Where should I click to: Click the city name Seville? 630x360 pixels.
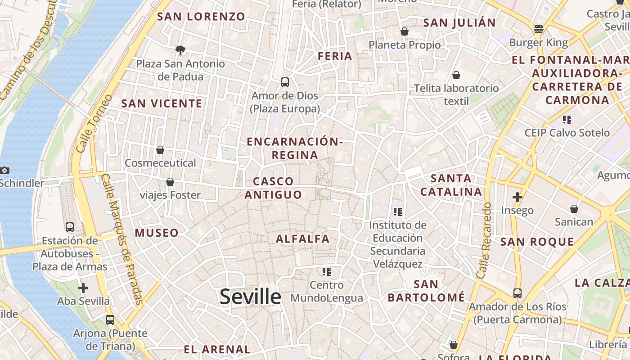[250, 297]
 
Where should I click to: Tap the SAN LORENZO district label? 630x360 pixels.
[201, 17]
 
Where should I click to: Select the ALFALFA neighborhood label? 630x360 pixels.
[303, 239]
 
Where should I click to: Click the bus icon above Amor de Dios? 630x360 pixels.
[285, 82]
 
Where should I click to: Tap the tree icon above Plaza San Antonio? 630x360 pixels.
[180, 50]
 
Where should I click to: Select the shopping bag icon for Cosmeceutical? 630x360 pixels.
[160, 150]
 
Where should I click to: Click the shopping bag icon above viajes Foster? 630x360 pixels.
[170, 182]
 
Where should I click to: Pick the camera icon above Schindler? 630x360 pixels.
[4, 170]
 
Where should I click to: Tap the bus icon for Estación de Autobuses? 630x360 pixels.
[70, 227]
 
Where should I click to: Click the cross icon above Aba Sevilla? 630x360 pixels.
[83, 288]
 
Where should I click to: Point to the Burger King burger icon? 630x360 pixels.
[539, 30]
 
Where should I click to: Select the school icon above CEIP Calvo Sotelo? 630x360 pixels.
[567, 120]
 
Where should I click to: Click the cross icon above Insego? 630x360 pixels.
[517, 197]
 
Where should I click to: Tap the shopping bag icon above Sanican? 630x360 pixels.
[574, 209]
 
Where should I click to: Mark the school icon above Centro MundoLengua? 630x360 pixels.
[327, 271]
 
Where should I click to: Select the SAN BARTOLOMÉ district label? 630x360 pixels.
[426, 291]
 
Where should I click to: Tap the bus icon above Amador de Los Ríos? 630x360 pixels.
[517, 293]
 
